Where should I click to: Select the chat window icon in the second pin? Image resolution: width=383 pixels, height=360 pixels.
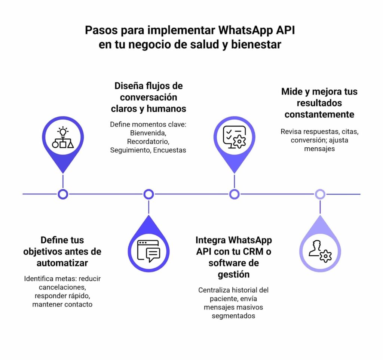[148, 250]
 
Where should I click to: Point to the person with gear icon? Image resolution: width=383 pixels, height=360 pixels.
[320, 250]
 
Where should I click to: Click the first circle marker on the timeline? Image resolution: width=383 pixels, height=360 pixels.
[63, 194]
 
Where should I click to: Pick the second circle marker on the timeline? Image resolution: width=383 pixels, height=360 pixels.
[149, 194]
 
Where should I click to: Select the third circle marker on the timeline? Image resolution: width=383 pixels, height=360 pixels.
[234, 194]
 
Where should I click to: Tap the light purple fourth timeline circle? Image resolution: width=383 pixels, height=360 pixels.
[320, 194]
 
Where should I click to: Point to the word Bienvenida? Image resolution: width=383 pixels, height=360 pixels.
[148, 133]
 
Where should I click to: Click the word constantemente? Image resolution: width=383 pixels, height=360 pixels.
[319, 114]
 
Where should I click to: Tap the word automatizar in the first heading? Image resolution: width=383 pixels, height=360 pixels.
[62, 263]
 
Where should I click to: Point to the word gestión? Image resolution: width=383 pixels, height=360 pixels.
[234, 274]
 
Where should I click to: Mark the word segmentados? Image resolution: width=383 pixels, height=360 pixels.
[233, 316]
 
